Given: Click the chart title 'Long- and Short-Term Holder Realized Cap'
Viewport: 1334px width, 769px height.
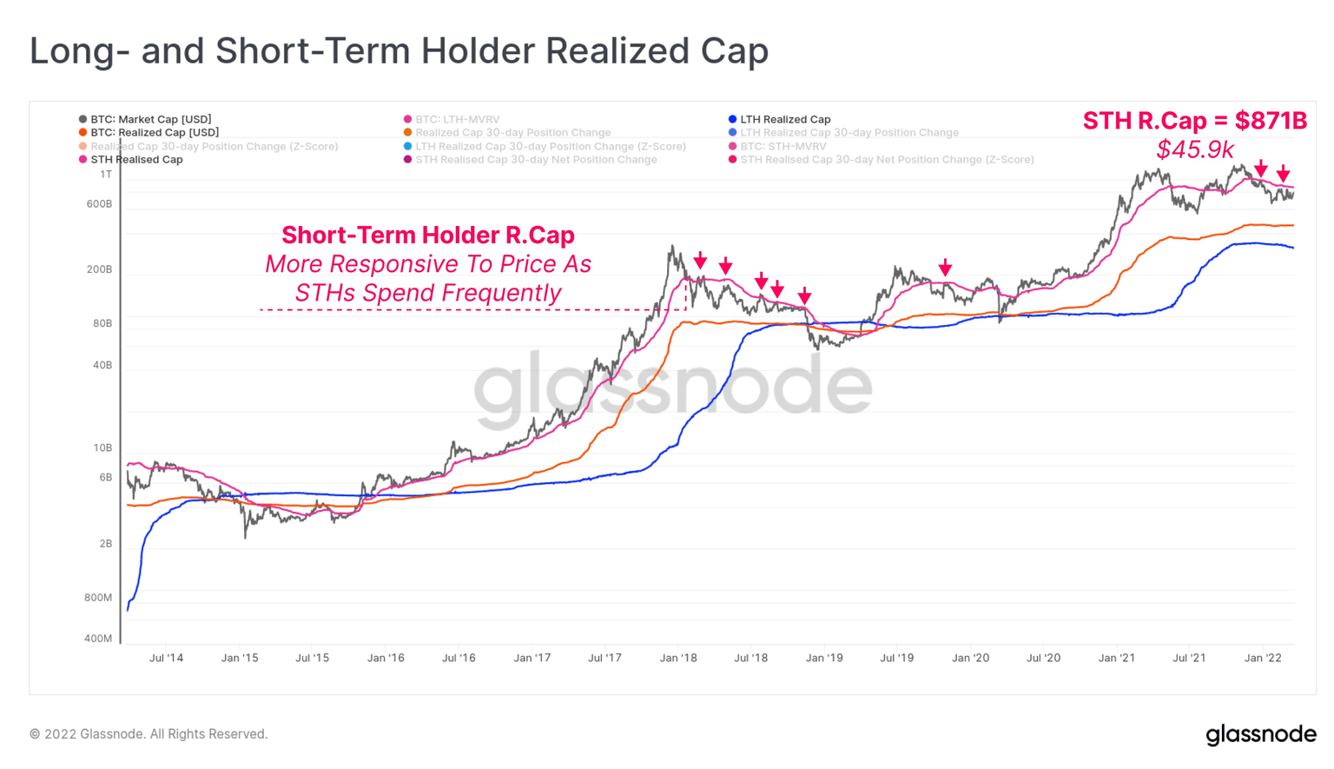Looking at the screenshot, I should pos(399,51).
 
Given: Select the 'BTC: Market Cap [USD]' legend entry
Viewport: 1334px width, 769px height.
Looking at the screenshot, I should pos(150,119).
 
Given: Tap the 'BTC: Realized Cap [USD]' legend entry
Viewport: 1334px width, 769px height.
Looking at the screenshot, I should pos(154,132).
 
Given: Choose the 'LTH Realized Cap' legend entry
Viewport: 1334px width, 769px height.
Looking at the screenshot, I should pos(784,119).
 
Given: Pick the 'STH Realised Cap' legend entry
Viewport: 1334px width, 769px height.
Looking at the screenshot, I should pos(136,159).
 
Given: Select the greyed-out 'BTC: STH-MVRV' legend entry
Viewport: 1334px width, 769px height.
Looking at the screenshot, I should pos(783,146).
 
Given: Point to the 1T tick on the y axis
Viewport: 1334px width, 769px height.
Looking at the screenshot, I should pos(106,175).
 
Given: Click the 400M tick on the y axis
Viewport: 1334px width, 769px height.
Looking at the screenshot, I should pos(98,639).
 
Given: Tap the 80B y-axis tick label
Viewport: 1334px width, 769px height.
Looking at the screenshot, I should pos(102,323).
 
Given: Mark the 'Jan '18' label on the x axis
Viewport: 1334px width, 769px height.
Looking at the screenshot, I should pos(678,658).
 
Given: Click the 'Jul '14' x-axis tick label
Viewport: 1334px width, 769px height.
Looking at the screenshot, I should pos(166,658).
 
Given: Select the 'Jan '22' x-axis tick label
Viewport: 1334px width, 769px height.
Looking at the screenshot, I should pos(1263,658).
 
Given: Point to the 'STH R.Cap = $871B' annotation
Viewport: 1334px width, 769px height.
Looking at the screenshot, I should pos(1194,121).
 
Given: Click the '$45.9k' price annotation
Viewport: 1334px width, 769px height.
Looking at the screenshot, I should pos(1194,149).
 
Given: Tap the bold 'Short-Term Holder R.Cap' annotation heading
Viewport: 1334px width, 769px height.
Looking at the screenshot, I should pos(428,235).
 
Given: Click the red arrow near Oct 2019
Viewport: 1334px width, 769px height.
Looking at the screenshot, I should pos(945,268).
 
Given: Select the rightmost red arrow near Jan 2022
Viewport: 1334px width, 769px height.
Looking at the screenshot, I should pos(1283,175).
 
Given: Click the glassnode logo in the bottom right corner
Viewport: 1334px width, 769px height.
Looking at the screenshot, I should pos(1260,734).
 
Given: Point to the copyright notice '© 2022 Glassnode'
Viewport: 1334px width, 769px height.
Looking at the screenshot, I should pos(149,734).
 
